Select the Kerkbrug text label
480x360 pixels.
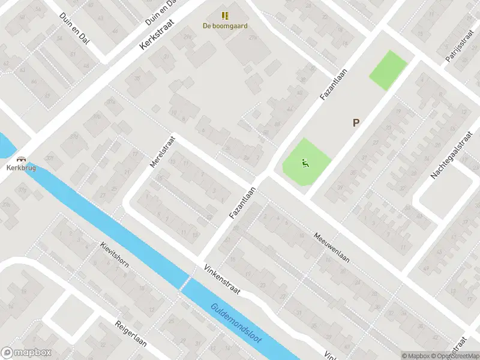tap(22, 168)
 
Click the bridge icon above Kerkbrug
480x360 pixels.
tap(22, 159)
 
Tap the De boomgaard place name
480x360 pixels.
tap(225, 26)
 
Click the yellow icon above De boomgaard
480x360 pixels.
tap(225, 16)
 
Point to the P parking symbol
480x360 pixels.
tap(356, 123)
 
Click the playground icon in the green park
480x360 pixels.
tap(305, 161)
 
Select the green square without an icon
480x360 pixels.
tap(388, 70)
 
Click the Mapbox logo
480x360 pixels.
tap(26, 353)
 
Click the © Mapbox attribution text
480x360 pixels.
tap(414, 356)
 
